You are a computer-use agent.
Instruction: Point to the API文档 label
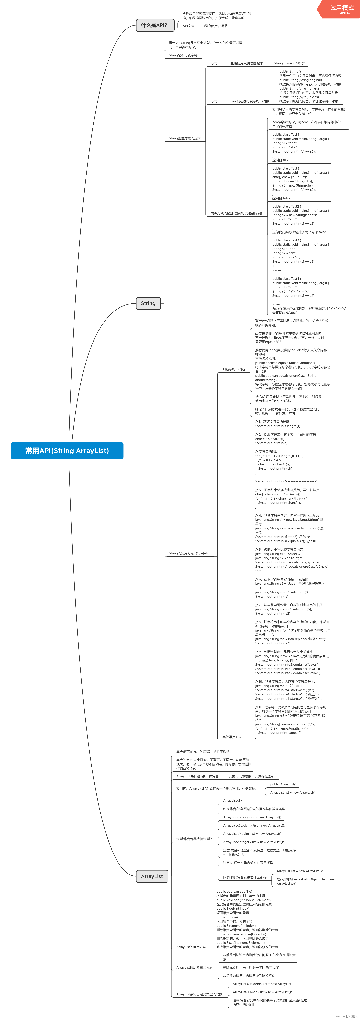(x=188, y=26)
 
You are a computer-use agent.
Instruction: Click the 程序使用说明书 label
(x=216, y=26)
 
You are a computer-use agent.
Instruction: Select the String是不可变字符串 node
(x=184, y=55)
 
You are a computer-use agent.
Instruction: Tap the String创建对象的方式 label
(x=184, y=138)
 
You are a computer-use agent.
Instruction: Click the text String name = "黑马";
(x=290, y=63)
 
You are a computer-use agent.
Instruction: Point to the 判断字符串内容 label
(x=233, y=369)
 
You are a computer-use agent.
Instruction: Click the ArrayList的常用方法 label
(x=191, y=947)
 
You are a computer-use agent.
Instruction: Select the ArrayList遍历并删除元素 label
(x=194, y=968)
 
